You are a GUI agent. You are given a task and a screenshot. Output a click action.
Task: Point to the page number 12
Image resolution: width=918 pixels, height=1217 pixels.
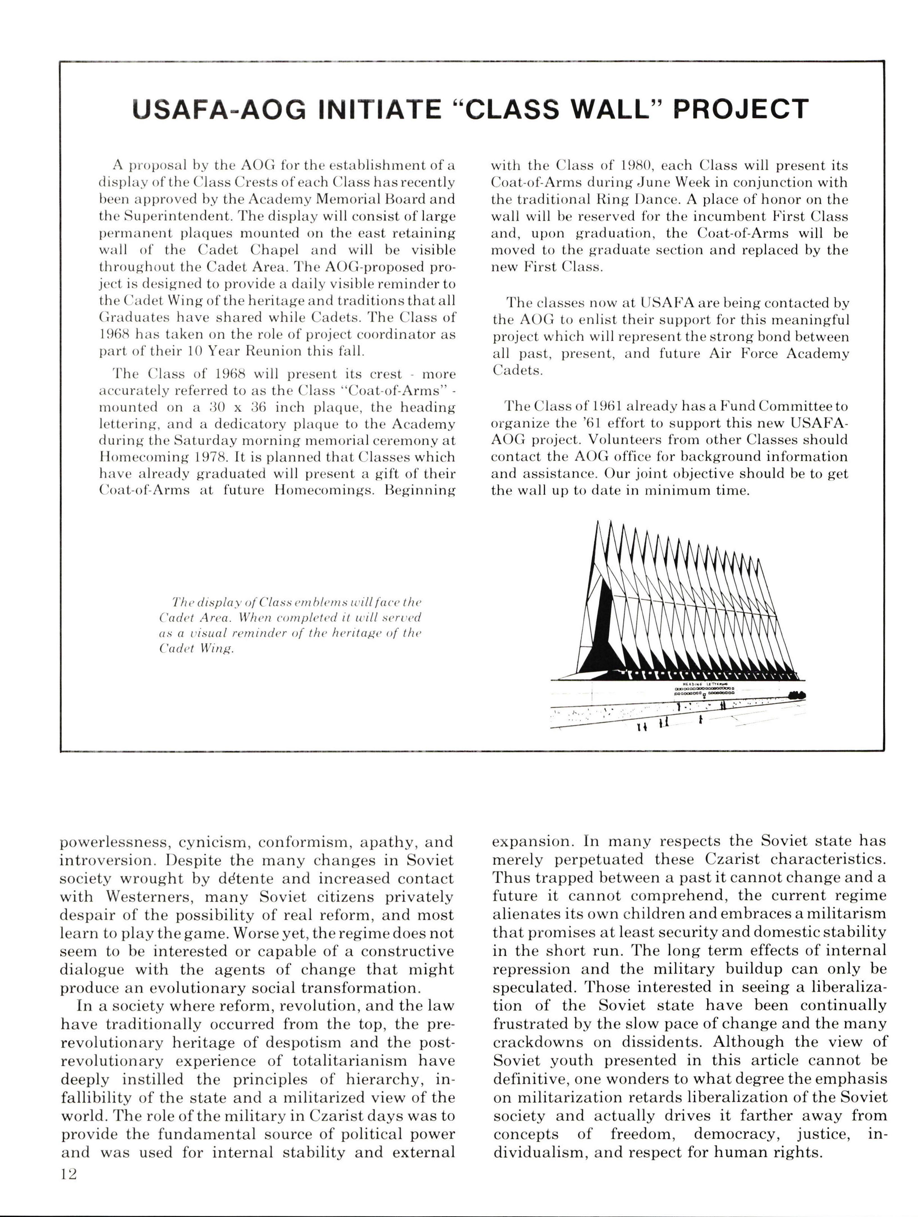pyautogui.click(x=69, y=1173)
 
